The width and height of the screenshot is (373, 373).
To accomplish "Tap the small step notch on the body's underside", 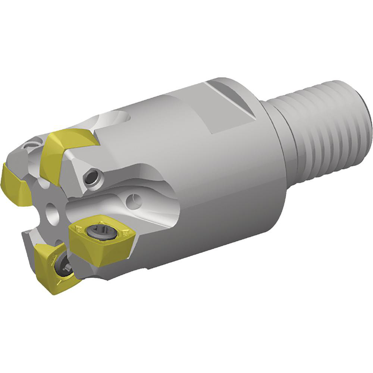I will tap(149, 268).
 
